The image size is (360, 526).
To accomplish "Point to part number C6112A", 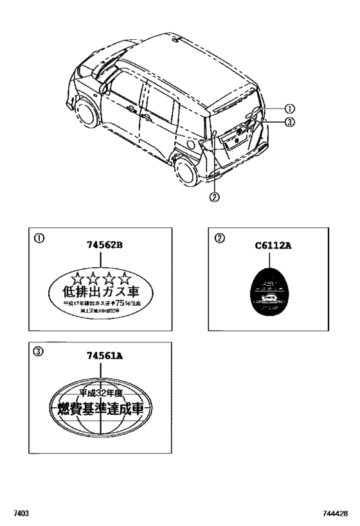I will (273, 245).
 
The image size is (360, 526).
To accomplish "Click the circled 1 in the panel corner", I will (39, 238).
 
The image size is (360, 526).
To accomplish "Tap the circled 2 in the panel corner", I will (219, 238).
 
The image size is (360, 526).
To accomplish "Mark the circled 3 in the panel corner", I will (39, 351).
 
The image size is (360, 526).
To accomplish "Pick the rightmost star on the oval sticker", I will (125, 279).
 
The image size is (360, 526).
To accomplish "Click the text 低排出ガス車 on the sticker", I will (101, 292).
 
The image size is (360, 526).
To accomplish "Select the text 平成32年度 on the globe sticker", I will (101, 392).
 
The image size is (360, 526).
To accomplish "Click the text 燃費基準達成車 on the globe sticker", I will (101, 408).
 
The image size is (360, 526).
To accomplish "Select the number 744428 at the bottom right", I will (336, 514).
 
